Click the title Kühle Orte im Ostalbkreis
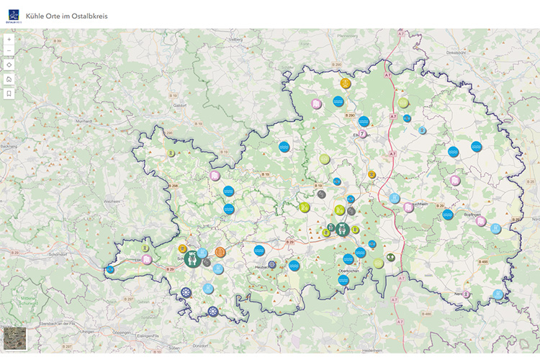(x=66, y=16)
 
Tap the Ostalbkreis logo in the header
(x=12, y=15)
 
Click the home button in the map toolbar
(x=9, y=79)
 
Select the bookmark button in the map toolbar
(x=9, y=94)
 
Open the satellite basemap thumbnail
(x=14, y=339)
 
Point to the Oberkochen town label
(x=348, y=270)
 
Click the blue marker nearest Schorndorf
(x=110, y=270)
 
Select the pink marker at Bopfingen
(x=481, y=222)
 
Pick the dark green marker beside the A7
(x=391, y=257)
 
